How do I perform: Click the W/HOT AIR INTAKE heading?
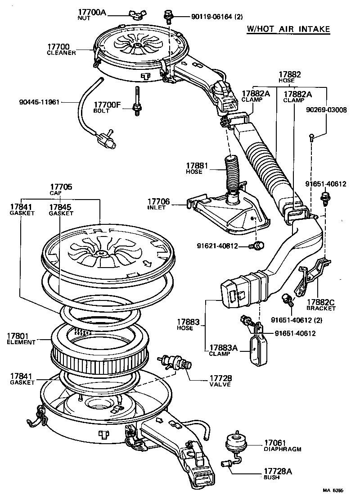(288, 29)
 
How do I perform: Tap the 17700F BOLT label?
(108, 107)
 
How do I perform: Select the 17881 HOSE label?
(197, 169)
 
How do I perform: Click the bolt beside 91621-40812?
(258, 245)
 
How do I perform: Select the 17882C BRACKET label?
(321, 305)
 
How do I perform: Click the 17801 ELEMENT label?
(21, 338)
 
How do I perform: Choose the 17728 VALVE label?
(220, 381)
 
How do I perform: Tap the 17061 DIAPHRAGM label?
(282, 445)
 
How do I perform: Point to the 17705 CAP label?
(61, 189)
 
